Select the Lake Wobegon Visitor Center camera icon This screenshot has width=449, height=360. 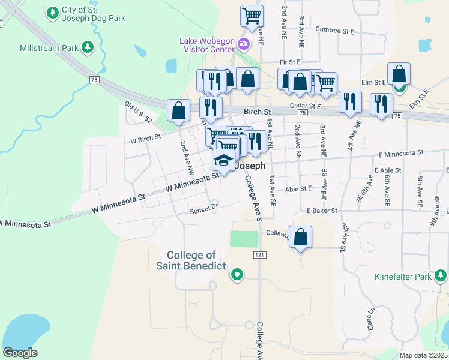[243, 43]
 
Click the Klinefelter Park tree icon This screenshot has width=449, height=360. [441, 276]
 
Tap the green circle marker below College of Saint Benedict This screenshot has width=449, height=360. [237, 275]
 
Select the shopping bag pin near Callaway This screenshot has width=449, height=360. [301, 236]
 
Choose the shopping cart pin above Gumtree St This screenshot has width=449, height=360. [252, 16]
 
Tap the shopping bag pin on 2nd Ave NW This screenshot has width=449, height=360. [178, 110]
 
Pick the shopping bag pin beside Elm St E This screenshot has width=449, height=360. [399, 74]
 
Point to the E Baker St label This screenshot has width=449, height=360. [322, 211]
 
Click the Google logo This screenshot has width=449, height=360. [20, 353]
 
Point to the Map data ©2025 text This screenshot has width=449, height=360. [423, 355]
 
